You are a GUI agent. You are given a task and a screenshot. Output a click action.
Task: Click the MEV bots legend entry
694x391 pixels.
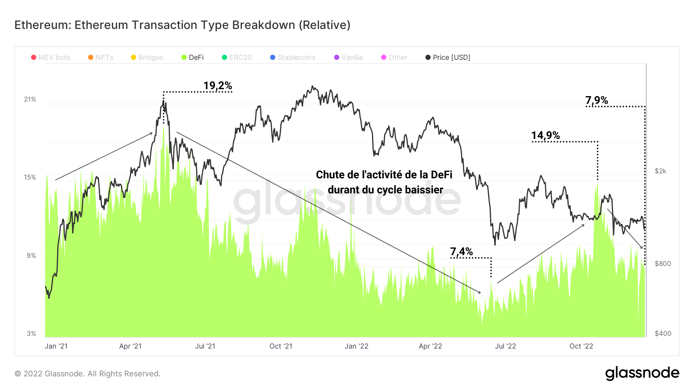point(51,58)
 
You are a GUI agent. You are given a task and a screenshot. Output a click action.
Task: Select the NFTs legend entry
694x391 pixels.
point(101,58)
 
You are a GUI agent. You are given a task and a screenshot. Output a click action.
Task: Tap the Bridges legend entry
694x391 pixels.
point(147,58)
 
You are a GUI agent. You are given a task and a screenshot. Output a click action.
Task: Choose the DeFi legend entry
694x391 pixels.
point(192,58)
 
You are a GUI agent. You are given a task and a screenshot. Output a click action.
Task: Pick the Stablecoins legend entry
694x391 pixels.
point(293,58)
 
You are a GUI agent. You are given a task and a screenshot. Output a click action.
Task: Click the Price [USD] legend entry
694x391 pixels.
point(448,58)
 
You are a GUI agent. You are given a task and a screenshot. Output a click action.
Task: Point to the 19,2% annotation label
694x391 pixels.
point(217,86)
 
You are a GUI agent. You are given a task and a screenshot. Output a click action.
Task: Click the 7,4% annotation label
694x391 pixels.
point(461,252)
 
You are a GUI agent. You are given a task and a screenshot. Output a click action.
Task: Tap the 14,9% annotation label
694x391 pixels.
point(545,135)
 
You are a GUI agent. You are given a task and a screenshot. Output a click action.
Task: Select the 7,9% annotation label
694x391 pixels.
point(596,100)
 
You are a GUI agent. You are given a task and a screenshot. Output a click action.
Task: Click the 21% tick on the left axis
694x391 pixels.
point(30,100)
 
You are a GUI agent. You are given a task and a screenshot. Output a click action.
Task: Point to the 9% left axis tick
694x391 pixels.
point(31,256)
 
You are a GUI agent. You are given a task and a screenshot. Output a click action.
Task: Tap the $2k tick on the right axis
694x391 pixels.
point(660,171)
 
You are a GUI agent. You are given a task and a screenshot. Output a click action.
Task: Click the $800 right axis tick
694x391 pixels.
point(663,264)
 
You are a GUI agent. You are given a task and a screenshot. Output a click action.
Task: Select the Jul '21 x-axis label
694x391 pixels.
point(205,346)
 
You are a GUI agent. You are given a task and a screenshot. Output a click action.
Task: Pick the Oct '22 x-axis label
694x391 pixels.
point(581,346)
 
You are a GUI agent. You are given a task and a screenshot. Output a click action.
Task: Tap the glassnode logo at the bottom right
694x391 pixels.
point(642,373)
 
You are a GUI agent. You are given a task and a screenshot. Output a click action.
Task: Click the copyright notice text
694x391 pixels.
point(88,374)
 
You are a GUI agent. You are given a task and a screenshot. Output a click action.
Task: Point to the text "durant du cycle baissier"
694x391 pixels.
point(385,190)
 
